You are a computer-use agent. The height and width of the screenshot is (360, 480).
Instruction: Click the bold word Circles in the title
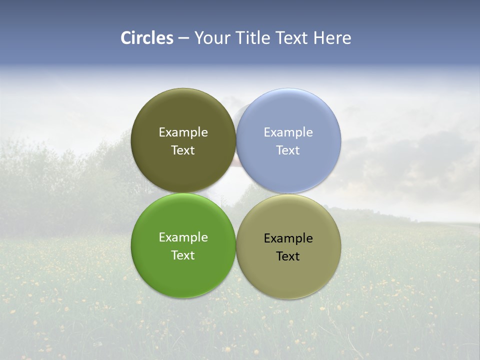(x=147, y=38)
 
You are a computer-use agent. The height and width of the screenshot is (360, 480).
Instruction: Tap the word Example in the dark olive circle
(x=183, y=132)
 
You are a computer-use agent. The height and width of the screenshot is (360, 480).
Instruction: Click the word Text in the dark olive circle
(x=183, y=150)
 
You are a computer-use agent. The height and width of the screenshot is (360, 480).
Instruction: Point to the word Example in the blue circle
(x=288, y=132)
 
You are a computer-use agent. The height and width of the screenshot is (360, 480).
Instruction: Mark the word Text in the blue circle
(x=288, y=150)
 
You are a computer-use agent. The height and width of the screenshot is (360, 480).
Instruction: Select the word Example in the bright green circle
(x=183, y=237)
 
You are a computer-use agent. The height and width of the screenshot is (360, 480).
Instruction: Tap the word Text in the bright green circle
(x=183, y=255)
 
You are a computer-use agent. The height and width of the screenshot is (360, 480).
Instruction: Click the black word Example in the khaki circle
(x=288, y=238)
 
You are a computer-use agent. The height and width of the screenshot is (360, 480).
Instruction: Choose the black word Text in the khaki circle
(x=288, y=256)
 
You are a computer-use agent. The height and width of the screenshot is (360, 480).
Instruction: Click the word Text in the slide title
(x=293, y=38)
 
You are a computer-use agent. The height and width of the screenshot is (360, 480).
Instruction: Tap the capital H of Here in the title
(x=319, y=38)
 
